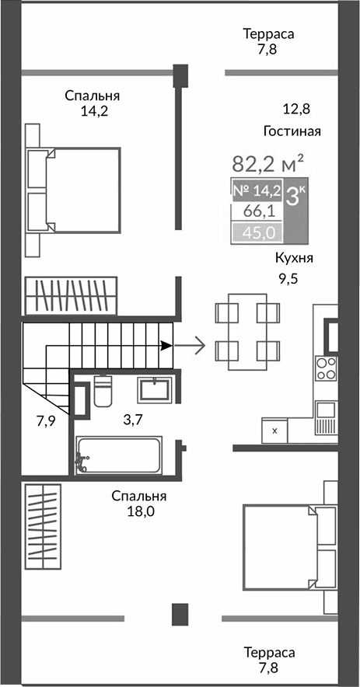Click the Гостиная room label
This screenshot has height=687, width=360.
[x=292, y=131]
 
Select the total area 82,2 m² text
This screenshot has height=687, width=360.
[x=267, y=165]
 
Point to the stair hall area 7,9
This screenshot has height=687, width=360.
[x=47, y=420]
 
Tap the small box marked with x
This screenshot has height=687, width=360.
[x=274, y=429]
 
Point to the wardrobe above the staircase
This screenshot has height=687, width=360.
[x=70, y=295]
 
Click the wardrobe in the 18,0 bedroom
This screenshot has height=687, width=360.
[x=42, y=525]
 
